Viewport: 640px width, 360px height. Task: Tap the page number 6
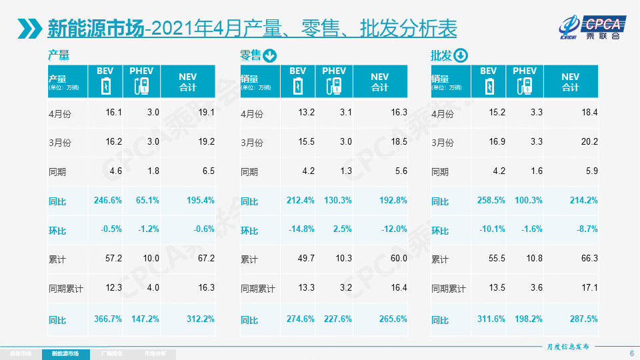[631, 353]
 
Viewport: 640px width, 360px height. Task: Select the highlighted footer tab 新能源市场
[69, 353]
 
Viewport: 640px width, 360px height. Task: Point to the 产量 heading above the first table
[59, 55]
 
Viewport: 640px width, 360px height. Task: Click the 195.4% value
[200, 200]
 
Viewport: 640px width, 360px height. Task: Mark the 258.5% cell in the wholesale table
[491, 200]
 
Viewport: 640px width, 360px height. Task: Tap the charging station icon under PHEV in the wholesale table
[525, 86]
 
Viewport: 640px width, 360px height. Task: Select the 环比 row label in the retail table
[249, 230]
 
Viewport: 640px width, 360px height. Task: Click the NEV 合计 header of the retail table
[379, 82]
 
